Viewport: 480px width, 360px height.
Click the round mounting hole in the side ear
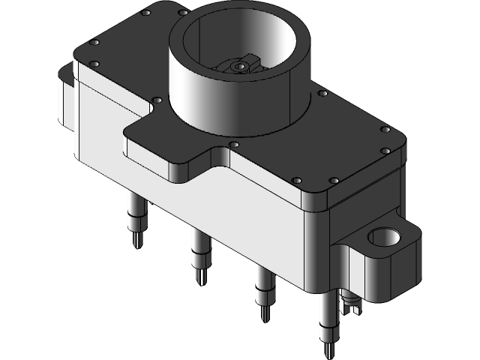pyautogui.click(x=385, y=238)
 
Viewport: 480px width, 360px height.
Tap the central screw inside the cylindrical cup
pyautogui.click(x=238, y=67)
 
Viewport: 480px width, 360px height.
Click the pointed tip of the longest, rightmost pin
pyautogui.click(x=328, y=353)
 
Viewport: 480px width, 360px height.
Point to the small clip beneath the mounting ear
pyautogui.click(x=349, y=304)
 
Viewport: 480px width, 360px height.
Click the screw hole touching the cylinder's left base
pyautogui.click(x=156, y=100)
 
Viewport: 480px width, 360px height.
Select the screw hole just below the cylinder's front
pyautogui.click(x=234, y=144)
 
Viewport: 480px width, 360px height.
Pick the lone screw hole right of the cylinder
pyautogui.click(x=322, y=94)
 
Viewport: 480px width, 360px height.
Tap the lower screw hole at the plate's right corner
pyautogui.click(x=385, y=151)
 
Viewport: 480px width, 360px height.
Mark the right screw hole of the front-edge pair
pyautogui.click(x=333, y=181)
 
